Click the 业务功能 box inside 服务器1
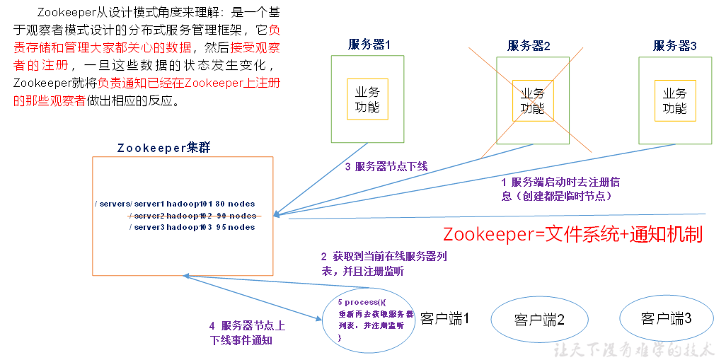pos(367,100)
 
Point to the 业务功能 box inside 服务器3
pos(674,100)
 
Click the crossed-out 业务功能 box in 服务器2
pos(533,100)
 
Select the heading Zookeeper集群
pos(163,148)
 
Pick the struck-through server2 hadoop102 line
pos(192,215)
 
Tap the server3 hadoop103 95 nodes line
pos(192,227)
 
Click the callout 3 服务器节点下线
pos(386,167)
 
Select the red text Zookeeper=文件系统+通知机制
pos(572,235)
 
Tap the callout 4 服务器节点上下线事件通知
pos(248,332)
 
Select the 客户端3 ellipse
pos(666,318)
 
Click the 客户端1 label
pos(445,318)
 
